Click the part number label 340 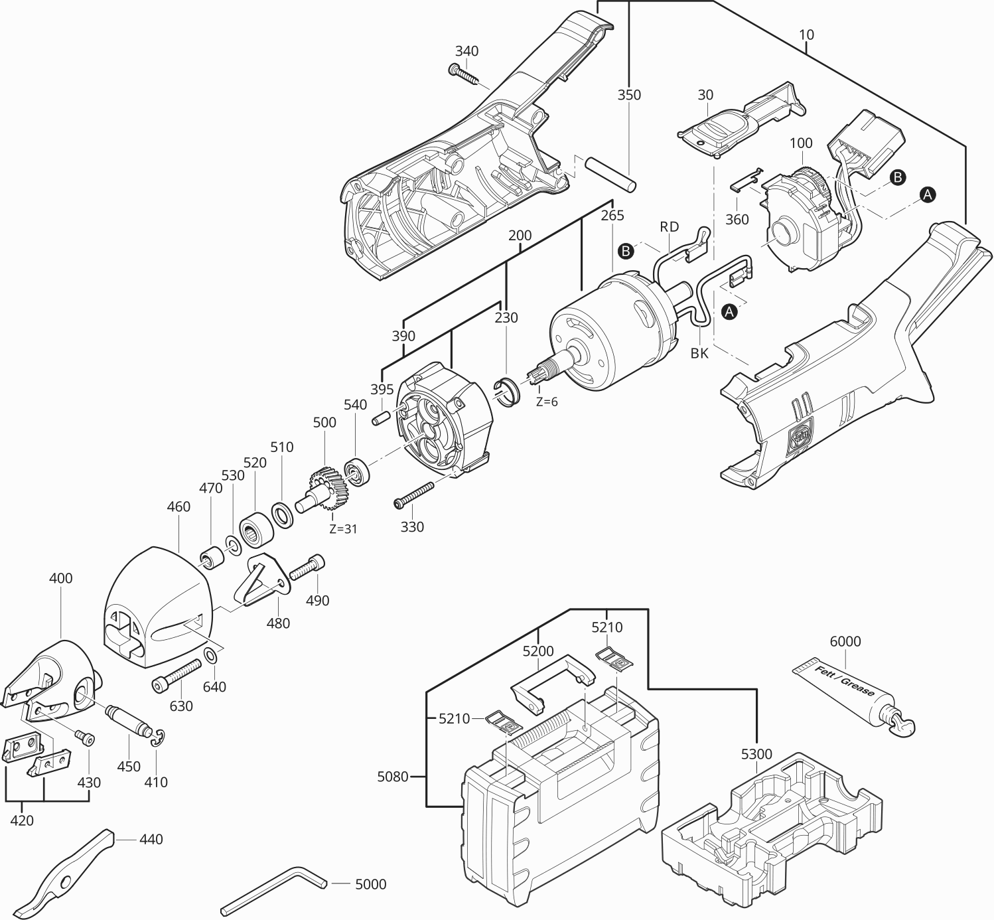coord(466,51)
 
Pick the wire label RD coord(669,226)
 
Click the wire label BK coord(699,353)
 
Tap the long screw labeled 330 coord(414,495)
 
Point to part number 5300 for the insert coord(756,754)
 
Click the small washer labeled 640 coord(211,656)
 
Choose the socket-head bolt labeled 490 coord(307,567)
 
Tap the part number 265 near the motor coord(612,215)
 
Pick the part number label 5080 coord(393,775)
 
